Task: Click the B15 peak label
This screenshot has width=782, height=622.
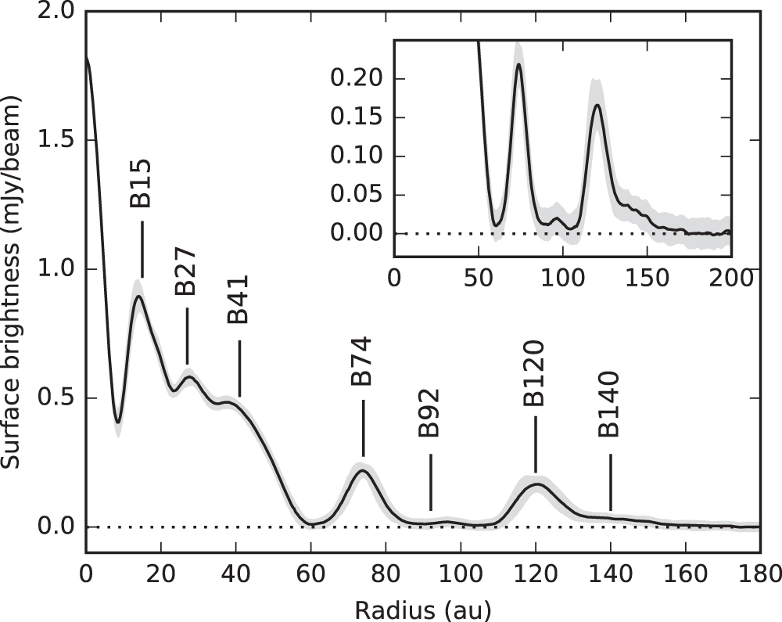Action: click(x=141, y=184)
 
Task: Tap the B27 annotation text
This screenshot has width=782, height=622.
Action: click(x=185, y=272)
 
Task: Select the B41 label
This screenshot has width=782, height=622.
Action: click(x=238, y=299)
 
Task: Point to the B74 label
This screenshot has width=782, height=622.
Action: click(x=361, y=361)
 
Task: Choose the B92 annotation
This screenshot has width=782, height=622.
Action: click(x=429, y=414)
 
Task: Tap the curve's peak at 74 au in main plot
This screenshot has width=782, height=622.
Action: click(x=362, y=469)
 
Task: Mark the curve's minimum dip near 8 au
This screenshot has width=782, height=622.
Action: click(x=117, y=422)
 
